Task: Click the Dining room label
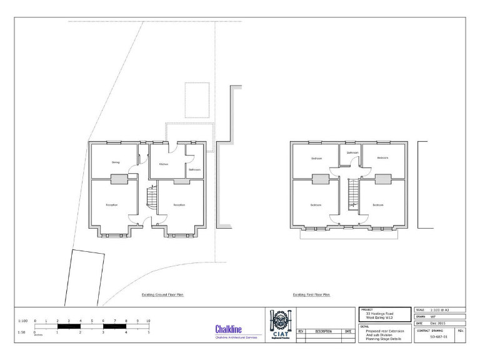pyautogui.click(x=116, y=162)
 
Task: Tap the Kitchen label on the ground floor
pyautogui.click(x=163, y=164)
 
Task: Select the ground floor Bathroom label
pyautogui.click(x=194, y=169)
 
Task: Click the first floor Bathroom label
pyautogui.click(x=352, y=152)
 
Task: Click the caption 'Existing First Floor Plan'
pyautogui.click(x=311, y=294)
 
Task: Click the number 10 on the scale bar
pyautogui.click(x=148, y=321)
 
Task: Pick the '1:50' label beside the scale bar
pyautogui.click(x=22, y=332)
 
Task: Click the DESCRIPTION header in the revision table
pyautogui.click(x=323, y=331)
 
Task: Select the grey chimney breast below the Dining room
pyautogui.click(x=119, y=179)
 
